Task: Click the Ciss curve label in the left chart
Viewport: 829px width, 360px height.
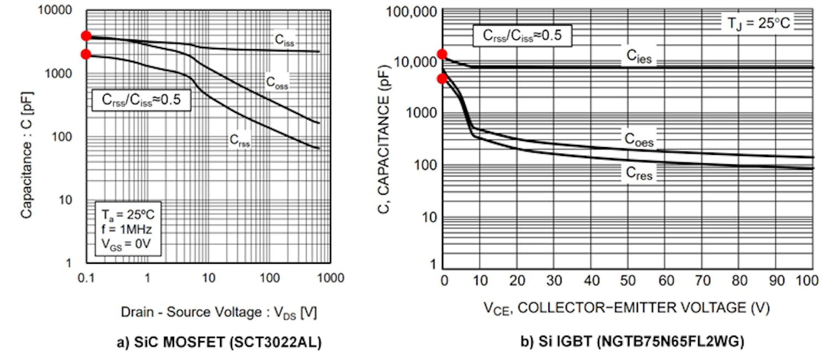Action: (285, 40)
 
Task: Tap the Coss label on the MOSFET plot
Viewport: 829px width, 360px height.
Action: (277, 83)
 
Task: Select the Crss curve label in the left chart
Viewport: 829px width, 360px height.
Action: (240, 140)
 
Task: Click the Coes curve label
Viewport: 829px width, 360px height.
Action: (639, 140)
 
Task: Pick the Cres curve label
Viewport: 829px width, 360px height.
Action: (639, 174)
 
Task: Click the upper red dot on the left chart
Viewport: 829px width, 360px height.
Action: (86, 36)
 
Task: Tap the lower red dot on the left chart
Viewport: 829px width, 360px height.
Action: (86, 54)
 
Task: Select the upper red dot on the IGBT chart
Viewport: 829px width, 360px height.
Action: (442, 54)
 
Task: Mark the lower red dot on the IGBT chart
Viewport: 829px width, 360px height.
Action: (442, 79)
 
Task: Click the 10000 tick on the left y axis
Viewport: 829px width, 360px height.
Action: (57, 11)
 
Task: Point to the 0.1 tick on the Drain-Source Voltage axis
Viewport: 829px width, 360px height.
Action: (86, 278)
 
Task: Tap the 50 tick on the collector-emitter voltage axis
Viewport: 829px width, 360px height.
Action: (628, 281)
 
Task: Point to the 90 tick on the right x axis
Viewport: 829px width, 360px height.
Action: (776, 281)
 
